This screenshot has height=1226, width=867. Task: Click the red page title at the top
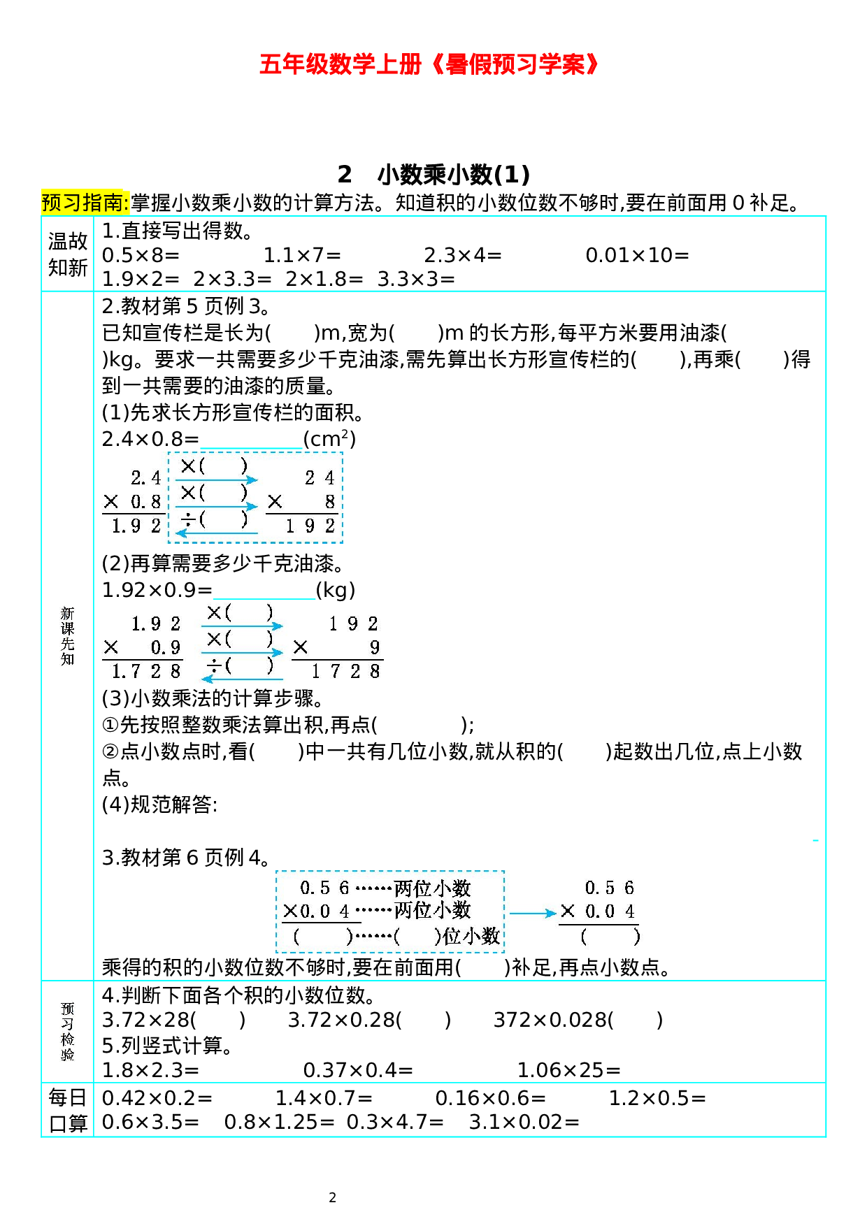[429, 64]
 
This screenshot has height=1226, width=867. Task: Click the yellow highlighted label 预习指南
[85, 203]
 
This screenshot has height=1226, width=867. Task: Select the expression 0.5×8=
[141, 255]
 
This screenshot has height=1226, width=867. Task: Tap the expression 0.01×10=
[637, 255]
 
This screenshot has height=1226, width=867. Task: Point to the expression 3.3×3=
[416, 279]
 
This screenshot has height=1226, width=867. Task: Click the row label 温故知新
[67, 254]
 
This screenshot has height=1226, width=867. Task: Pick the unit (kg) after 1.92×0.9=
[336, 590]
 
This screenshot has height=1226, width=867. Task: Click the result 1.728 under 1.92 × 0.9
[146, 672]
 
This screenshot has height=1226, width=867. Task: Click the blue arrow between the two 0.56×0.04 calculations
[532, 913]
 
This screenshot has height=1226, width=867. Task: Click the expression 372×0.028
[552, 1020]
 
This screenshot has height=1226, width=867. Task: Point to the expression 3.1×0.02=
[524, 1122]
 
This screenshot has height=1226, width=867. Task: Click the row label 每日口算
[67, 1110]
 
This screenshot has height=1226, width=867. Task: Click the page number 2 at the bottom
[332, 1197]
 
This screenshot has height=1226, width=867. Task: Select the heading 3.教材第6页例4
[186, 857]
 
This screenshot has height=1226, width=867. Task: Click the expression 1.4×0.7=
[324, 1098]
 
